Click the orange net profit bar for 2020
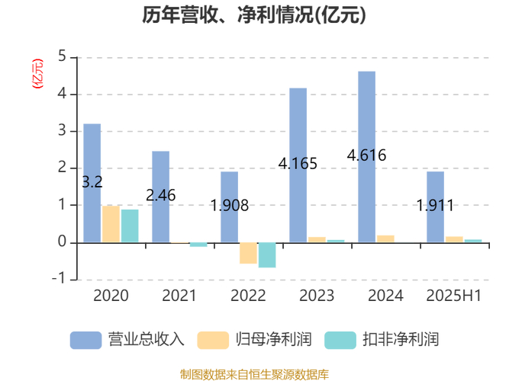pos(111,224)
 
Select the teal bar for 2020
pos(130,226)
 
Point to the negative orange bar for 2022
pos(248,253)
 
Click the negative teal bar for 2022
pos(267,255)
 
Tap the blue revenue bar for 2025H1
pos(435,207)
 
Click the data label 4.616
pos(366,155)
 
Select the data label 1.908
pos(229,205)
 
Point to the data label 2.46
pos(160,195)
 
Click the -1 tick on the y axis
pos(60,279)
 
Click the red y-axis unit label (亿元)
pos(37,74)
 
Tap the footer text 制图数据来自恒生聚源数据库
pos(254,374)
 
